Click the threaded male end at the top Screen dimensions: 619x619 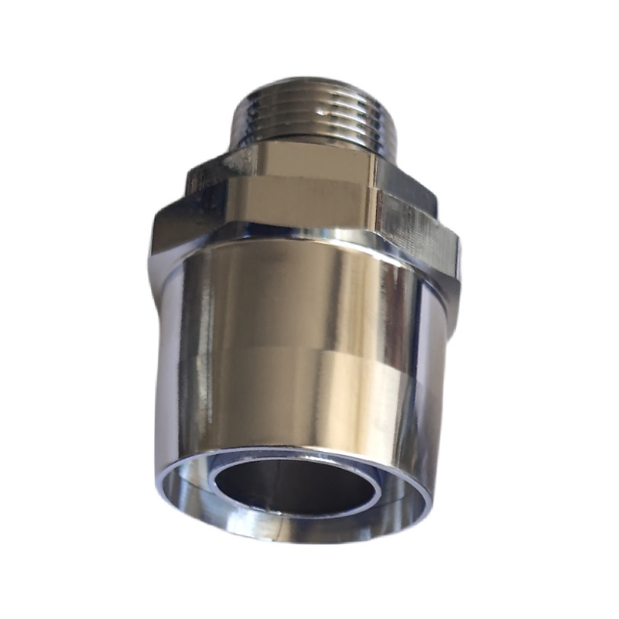tap(309, 112)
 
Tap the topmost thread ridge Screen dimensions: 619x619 tap(309, 87)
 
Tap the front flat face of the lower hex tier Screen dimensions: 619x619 tap(294, 209)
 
